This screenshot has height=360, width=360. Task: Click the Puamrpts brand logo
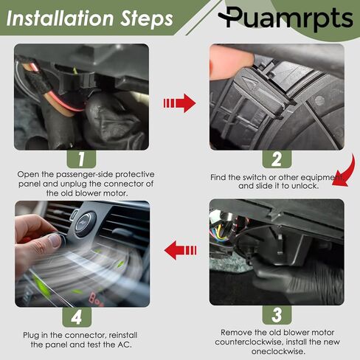pyautogui.click(x=285, y=18)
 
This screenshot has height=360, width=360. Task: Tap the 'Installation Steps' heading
pyautogui.click(x=90, y=18)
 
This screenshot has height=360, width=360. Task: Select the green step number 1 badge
pyautogui.click(x=81, y=159)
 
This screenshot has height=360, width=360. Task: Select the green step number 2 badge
pyautogui.click(x=277, y=159)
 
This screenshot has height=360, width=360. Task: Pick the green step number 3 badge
pyautogui.click(x=277, y=315)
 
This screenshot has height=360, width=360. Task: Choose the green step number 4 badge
pyautogui.click(x=77, y=317)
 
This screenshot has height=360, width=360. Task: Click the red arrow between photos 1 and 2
pyautogui.click(x=179, y=103)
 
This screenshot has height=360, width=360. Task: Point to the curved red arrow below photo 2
pyautogui.click(x=348, y=172)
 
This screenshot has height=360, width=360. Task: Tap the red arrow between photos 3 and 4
pyautogui.click(x=180, y=250)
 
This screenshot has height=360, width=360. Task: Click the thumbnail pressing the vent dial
pyautogui.click(x=55, y=240)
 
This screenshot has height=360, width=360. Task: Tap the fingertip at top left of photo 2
pyautogui.click(x=231, y=64)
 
